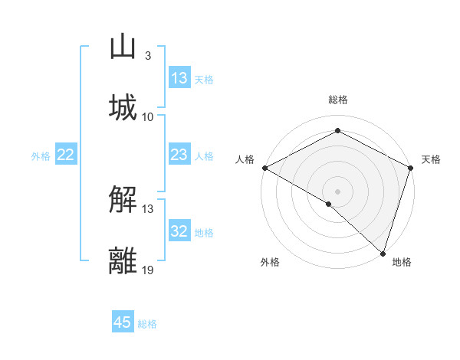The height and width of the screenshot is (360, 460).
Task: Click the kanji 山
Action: (x=123, y=47)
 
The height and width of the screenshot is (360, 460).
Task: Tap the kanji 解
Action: (x=123, y=201)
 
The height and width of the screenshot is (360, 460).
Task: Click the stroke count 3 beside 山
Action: (x=147, y=56)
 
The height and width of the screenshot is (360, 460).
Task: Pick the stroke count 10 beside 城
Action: (x=148, y=117)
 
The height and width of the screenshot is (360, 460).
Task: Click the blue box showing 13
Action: (x=179, y=78)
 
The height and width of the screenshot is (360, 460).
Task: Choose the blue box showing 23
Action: (x=179, y=155)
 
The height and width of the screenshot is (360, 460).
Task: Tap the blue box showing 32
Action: (x=179, y=231)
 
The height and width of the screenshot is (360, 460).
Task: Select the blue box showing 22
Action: (x=65, y=155)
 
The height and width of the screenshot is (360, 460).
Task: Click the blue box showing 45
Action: (x=123, y=322)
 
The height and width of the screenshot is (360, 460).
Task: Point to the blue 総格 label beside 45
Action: (x=147, y=324)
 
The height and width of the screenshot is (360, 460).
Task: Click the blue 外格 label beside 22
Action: (x=41, y=156)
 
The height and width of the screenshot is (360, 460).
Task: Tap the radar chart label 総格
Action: (x=337, y=100)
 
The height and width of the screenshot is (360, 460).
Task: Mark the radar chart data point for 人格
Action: (x=264, y=168)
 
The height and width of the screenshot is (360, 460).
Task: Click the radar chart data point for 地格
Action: (x=383, y=253)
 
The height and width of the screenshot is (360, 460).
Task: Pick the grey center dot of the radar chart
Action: (x=337, y=191)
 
